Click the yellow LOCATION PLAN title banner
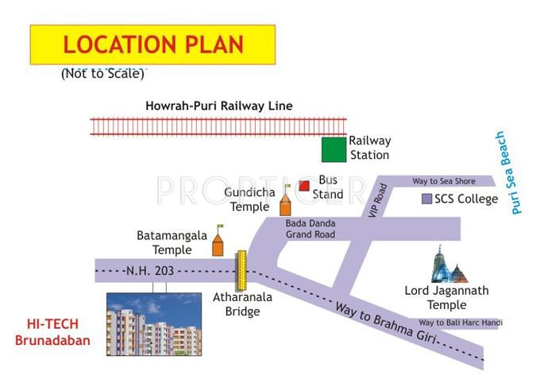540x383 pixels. [152, 44]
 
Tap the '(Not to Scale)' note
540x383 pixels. [102, 74]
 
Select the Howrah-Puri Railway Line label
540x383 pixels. [219, 106]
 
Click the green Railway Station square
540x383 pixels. [334, 149]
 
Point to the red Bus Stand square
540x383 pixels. [303, 186]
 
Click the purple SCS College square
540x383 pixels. [426, 199]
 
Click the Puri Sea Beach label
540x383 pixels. [509, 172]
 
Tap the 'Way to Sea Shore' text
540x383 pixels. [444, 182]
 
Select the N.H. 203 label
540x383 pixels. [150, 271]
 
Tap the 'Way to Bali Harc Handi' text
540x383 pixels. [461, 323]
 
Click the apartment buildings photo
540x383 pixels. [154, 323]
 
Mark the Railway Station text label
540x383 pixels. [369, 148]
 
